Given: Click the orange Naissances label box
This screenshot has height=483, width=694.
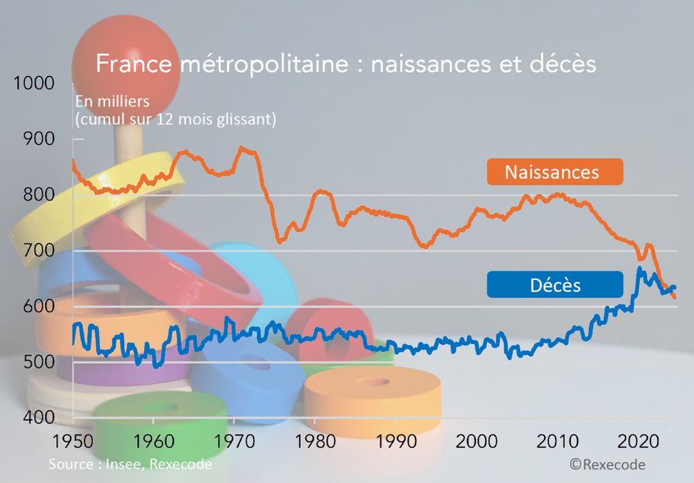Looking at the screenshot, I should [x=554, y=172].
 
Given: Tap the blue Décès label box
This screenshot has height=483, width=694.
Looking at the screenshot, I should [x=554, y=284].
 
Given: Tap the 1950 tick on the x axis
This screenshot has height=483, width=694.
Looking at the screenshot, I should [x=73, y=440].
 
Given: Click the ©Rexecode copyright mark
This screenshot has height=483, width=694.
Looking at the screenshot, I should [x=607, y=465].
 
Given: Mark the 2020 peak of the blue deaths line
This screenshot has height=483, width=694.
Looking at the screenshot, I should [x=639, y=269].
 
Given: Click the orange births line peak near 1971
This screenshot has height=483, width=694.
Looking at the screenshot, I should [x=242, y=147].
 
